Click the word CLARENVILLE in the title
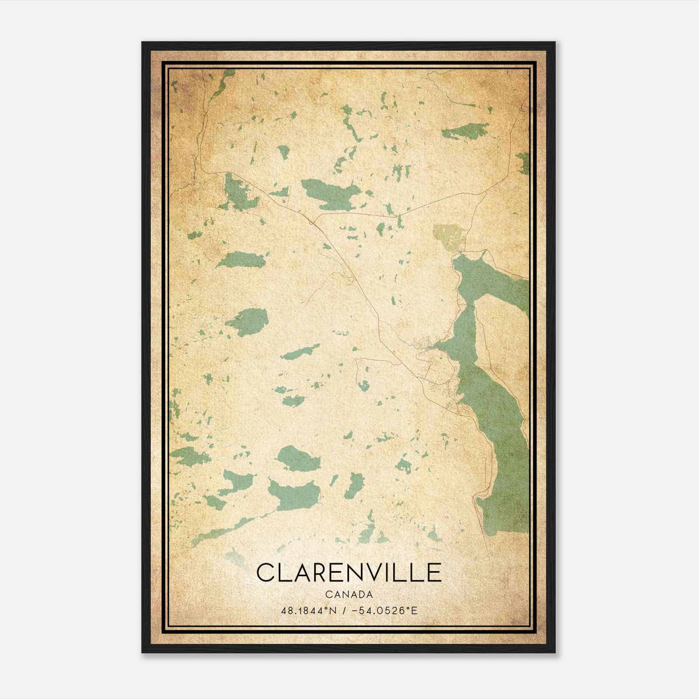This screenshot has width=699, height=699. coord(349,573)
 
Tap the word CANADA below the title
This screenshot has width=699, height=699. coord(349,595)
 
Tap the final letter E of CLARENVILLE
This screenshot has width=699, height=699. coord(434,573)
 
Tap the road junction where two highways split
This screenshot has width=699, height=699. coord(311,223)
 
